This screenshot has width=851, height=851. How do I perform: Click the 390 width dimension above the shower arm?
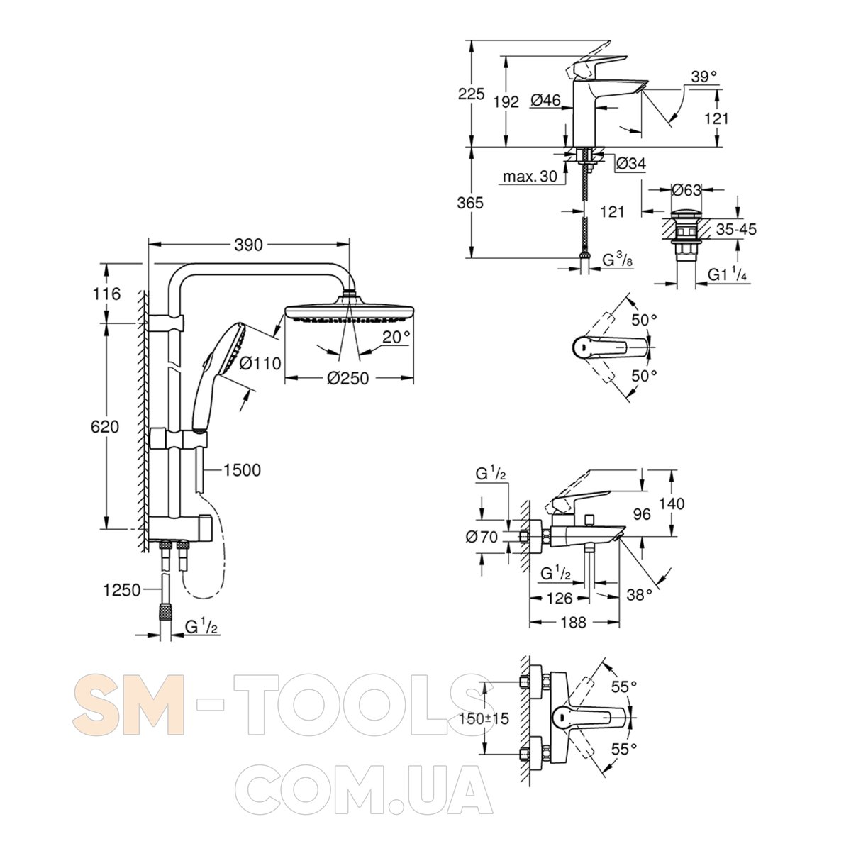pos(249,245)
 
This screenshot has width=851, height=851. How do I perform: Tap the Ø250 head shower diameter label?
pos(348,378)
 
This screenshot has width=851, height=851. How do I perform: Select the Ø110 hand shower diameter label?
pos(260,364)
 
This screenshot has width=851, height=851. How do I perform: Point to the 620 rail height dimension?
pos(105,427)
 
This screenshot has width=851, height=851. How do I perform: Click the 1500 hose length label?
pos(242,470)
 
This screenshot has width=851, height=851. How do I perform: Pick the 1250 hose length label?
pos(121,590)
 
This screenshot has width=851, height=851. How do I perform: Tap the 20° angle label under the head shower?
pos(396,338)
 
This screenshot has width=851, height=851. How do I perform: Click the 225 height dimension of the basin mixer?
pos(471,94)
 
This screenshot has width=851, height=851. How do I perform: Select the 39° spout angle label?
pos(703,77)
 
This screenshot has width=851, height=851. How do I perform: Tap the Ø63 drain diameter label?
pos(686,190)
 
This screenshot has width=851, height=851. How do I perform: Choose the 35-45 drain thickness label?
pos(736,229)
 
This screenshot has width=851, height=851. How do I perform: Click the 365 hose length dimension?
pos(471,203)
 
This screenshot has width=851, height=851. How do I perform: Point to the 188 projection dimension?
pos(573,622)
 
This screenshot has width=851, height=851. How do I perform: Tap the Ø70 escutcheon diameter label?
pos(482,537)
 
